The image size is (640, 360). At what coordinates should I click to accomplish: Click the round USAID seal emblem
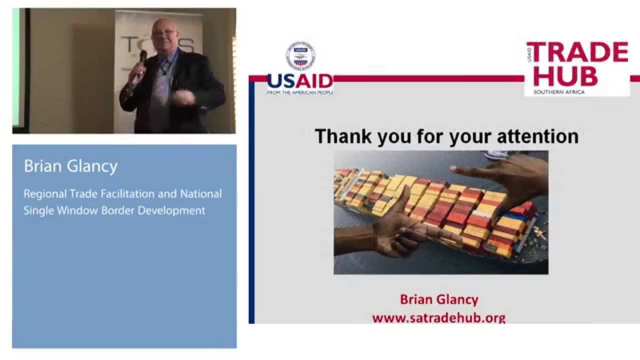click(300, 55)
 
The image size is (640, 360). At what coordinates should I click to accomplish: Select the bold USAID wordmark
click(300, 81)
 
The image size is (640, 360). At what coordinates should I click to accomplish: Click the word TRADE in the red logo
click(577, 52)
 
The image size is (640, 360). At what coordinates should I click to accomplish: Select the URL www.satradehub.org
click(438, 317)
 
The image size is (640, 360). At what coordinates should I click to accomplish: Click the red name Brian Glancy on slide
click(438, 299)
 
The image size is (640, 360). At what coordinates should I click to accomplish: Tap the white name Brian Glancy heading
click(70, 166)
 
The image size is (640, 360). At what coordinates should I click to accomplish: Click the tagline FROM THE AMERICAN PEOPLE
click(300, 92)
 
